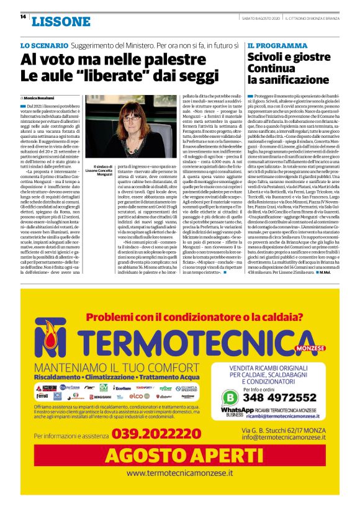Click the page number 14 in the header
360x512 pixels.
point(22,16)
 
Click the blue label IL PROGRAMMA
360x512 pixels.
point(273,46)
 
